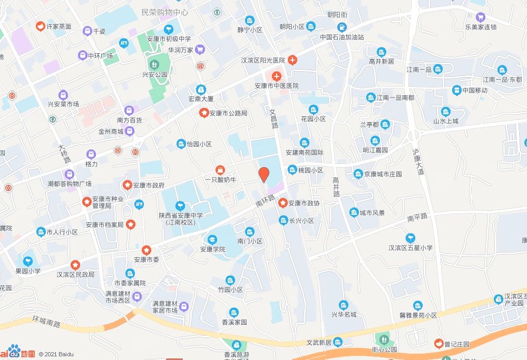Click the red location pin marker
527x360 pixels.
(264, 174)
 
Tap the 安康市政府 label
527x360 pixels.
(149, 186)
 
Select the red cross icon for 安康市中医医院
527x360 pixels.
(276, 76)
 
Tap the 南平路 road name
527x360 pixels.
(417, 217)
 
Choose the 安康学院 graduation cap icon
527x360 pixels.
(212, 239)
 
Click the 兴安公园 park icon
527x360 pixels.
(154, 65)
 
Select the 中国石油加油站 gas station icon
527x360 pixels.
(342, 27)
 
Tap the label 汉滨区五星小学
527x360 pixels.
(411, 248)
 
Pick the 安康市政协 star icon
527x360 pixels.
(283, 203)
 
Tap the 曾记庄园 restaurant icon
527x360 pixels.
(438, 344)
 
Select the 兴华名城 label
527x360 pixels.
(344, 315)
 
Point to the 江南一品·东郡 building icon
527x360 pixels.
(502, 70)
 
